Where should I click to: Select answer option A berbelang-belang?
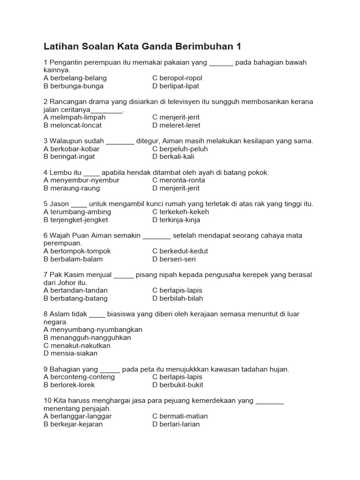75,78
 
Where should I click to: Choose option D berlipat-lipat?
176,86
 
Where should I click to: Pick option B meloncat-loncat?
73,125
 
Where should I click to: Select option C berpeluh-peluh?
180,149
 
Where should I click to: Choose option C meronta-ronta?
179,180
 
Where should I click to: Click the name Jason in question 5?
59,204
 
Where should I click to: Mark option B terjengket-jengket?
76,220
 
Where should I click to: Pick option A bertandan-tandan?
75,290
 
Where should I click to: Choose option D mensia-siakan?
70,353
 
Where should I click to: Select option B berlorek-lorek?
69,385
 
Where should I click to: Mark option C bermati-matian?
180,416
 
